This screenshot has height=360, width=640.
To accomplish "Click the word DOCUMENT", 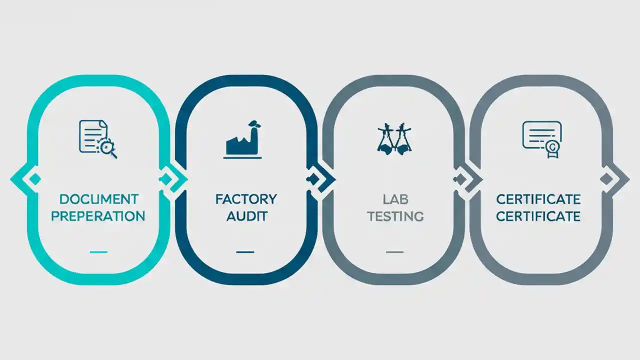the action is click(x=99, y=199).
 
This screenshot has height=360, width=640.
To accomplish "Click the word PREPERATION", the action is click(x=98, y=216).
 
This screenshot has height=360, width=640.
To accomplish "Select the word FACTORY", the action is click(x=246, y=199).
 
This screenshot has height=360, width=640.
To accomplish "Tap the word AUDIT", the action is click(x=247, y=216).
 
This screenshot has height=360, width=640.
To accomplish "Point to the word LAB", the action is click(x=395, y=199).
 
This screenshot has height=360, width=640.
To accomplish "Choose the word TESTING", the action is click(x=395, y=216).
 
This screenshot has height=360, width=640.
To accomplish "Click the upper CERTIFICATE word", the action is click(x=538, y=199).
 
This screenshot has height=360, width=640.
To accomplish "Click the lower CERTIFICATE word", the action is click(x=538, y=216).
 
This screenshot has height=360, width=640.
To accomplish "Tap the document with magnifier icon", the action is click(x=98, y=139).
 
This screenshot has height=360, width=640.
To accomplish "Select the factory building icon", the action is click(x=242, y=139).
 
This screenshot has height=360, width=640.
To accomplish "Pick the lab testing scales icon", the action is click(x=394, y=139).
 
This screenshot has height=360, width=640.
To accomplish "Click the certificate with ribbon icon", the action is click(x=542, y=139).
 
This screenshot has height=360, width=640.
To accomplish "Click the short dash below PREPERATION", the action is click(x=98, y=252).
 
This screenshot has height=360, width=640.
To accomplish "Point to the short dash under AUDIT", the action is click(x=245, y=252).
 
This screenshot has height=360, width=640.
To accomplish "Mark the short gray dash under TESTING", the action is click(x=394, y=252).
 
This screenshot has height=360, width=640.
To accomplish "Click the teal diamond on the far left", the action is click(x=35, y=179).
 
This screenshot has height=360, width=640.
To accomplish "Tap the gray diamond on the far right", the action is click(x=606, y=179).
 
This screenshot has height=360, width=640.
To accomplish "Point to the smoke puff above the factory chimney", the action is click(x=254, y=124).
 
